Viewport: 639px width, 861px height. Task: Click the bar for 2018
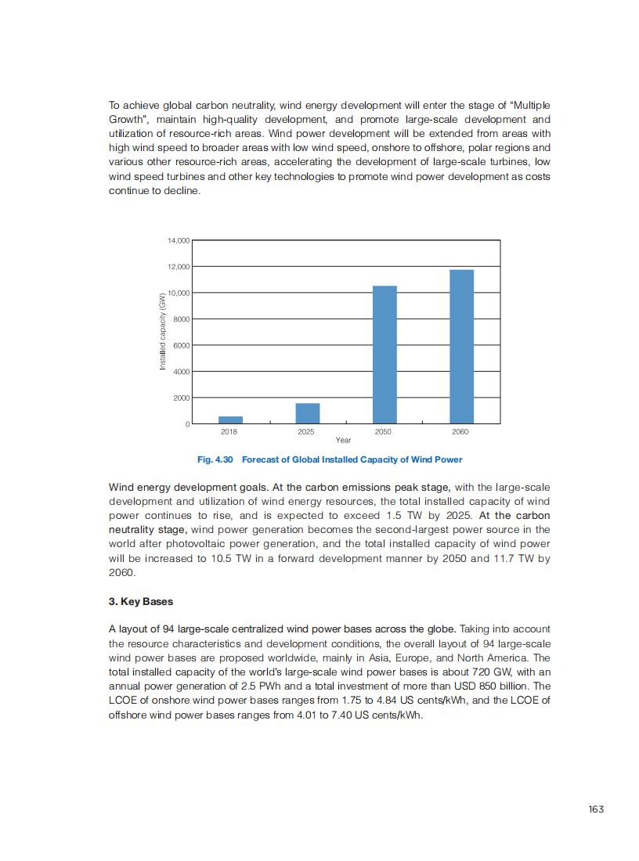coord(230,420)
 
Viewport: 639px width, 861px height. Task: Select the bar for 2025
coord(307,413)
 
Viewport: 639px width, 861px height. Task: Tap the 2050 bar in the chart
coord(384,355)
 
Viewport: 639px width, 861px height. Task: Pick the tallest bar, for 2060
coord(461,346)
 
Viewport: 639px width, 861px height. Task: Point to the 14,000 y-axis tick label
coord(178,240)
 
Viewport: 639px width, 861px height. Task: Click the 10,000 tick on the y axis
coord(178,293)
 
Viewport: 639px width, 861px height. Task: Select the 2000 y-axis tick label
coord(180,398)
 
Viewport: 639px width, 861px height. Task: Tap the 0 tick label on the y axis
coord(187,424)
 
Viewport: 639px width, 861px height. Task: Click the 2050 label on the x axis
coord(384,431)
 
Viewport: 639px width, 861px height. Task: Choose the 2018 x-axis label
coord(229,431)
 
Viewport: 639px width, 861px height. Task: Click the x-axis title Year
coord(343,440)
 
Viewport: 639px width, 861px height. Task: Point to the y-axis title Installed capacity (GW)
coord(163,332)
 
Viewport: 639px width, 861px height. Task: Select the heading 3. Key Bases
coord(141,602)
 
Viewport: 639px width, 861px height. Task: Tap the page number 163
coord(596,809)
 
